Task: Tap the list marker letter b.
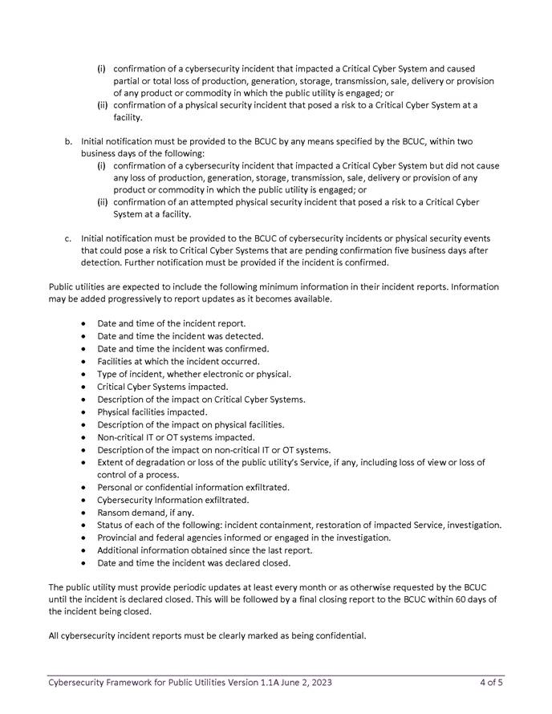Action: (68, 142)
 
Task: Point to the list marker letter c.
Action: (68, 238)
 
